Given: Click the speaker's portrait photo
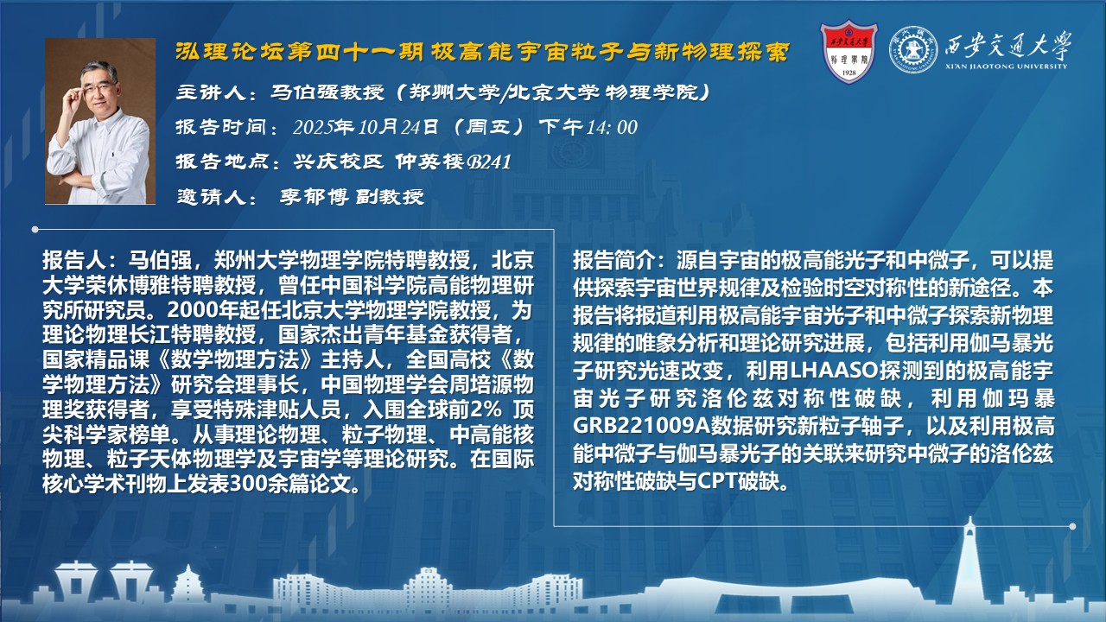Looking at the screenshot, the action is pyautogui.click(x=100, y=121).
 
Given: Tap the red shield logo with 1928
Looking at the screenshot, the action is pyautogui.click(x=849, y=51).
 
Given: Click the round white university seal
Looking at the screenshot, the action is pyautogui.click(x=913, y=49).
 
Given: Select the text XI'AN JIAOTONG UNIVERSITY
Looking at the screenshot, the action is pyautogui.click(x=1007, y=67).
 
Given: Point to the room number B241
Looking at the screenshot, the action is pyautogui.click(x=489, y=162).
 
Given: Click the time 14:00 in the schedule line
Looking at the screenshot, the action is pyautogui.click(x=612, y=127).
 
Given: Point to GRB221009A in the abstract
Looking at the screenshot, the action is pyautogui.click(x=641, y=426).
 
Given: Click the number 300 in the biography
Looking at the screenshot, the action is pyautogui.click(x=247, y=484).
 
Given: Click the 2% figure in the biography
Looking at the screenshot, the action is pyautogui.click(x=486, y=409).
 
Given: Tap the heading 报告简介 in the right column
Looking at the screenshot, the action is pyautogui.click(x=613, y=260).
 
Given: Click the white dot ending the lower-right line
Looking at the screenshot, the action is pyautogui.click(x=1072, y=527).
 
